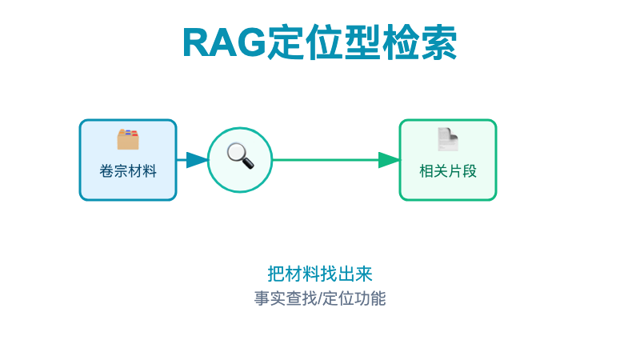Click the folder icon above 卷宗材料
pos(128,139)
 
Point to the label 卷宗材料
pos(128,170)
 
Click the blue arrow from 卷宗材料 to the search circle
pos(192,160)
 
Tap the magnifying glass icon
pos(240,155)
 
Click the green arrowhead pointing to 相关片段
pos(389,160)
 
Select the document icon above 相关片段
pos(448,139)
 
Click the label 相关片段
pos(448,170)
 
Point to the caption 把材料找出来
pos(320,274)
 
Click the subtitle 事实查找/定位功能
pos(320,298)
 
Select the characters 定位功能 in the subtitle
pos(354,298)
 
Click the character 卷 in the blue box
pos(106,170)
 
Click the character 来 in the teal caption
pos(364,274)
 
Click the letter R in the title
pos(197,43)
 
